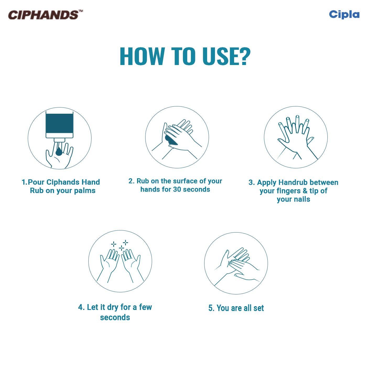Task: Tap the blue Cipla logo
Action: (344, 14)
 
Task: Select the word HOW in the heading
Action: (142, 56)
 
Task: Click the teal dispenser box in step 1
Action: (59, 124)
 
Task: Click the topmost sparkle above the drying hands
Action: (126, 242)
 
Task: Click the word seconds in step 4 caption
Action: (115, 317)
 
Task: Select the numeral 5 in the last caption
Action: (211, 308)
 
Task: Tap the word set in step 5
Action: (258, 308)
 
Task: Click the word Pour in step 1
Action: (36, 182)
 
